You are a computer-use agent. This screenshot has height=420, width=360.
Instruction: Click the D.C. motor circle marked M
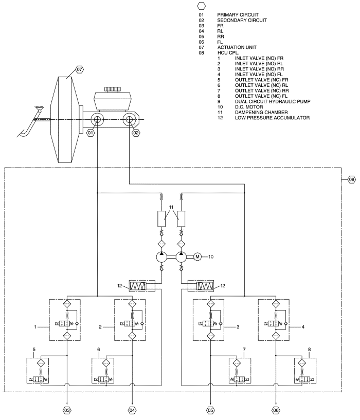(x=197, y=257)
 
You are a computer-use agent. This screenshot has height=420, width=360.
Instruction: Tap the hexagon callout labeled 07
(x=79, y=69)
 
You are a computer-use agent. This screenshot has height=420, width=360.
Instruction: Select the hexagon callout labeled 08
(x=351, y=179)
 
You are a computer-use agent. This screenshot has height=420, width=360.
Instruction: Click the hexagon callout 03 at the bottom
(x=67, y=410)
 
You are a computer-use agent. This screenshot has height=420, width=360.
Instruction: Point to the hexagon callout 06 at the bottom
(x=276, y=410)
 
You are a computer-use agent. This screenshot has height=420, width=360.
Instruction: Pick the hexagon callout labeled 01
(x=91, y=133)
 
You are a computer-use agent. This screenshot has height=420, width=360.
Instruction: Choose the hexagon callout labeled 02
(x=136, y=133)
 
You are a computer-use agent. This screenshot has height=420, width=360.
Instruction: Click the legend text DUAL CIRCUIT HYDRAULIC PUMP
(x=273, y=101)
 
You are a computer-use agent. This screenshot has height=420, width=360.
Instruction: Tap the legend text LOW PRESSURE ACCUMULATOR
(x=273, y=118)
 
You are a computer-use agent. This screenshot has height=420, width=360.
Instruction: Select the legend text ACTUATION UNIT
(x=237, y=47)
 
